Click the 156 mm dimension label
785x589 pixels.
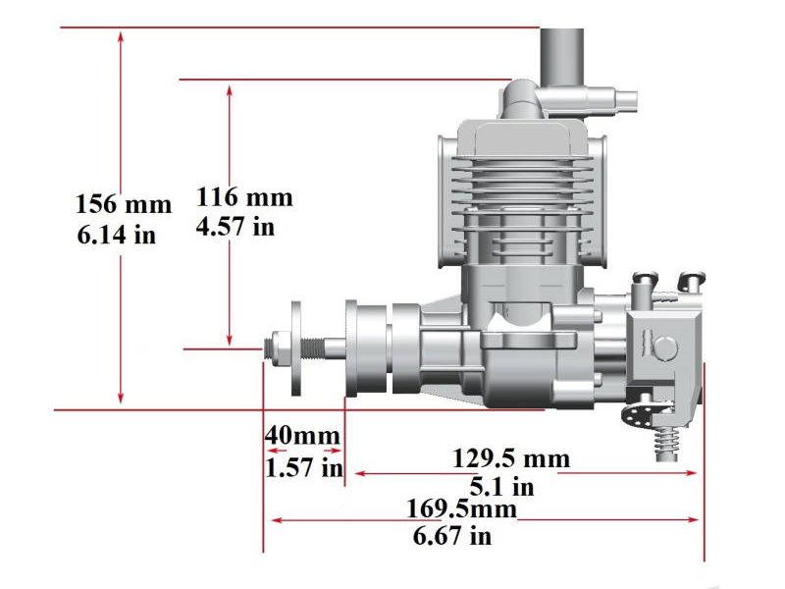[123, 205]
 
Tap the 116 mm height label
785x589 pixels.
[244, 197]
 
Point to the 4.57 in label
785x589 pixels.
[235, 228]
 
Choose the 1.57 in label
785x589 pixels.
[304, 466]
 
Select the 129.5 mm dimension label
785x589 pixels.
[510, 458]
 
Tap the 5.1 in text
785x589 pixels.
[501, 486]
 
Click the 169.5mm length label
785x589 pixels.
[460, 509]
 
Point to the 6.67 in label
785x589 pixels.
[452, 536]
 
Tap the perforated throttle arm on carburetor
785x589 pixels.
[643, 408]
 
